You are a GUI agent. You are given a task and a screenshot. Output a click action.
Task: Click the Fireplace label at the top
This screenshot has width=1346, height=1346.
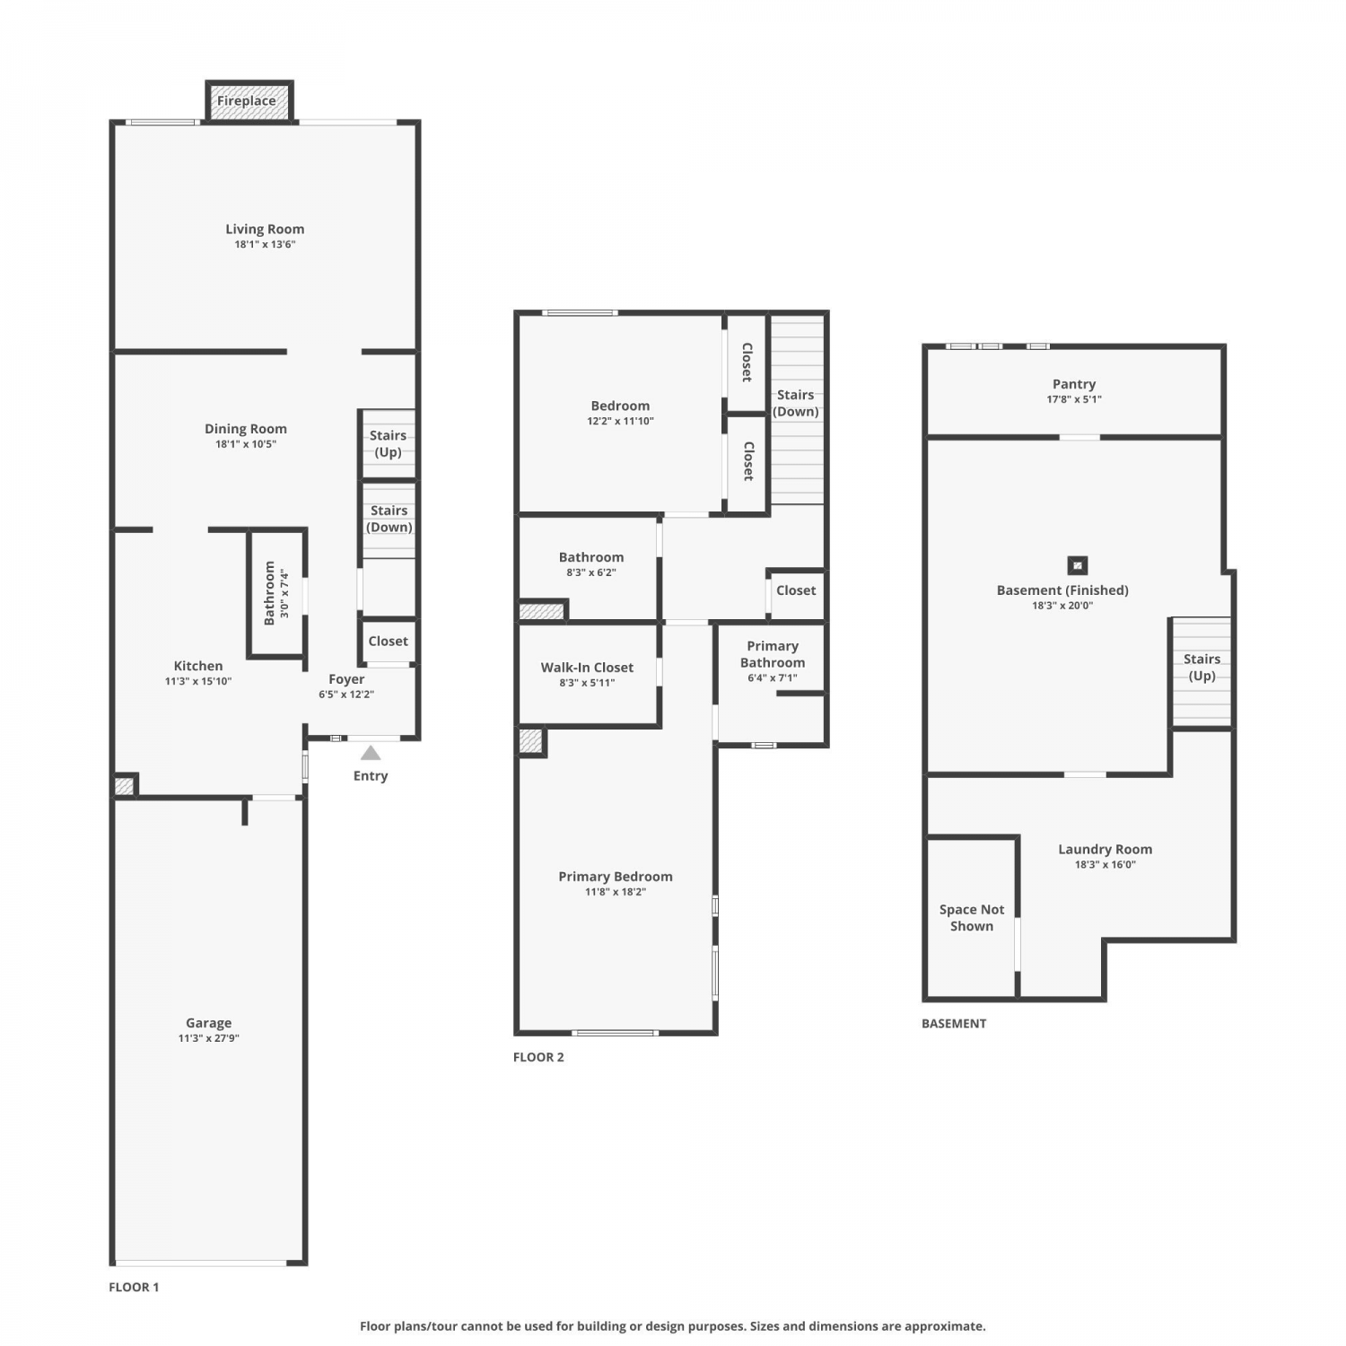[x=247, y=101]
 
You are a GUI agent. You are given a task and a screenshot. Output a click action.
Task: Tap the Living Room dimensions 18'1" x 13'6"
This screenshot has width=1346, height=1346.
[x=265, y=244]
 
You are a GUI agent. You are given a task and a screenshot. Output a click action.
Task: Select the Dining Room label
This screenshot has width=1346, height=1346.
[x=246, y=429]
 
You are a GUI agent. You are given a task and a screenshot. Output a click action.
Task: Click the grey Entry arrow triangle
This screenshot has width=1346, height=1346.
[x=371, y=753]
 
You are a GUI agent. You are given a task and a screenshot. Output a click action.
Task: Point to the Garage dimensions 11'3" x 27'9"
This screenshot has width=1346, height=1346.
[x=209, y=1038]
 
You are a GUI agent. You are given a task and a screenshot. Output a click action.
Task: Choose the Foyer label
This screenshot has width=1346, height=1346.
[x=346, y=679]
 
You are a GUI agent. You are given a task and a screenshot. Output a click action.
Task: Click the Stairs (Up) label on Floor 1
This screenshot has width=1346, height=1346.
[x=389, y=443]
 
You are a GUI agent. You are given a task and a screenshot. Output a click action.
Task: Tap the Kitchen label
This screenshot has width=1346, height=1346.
[x=198, y=666]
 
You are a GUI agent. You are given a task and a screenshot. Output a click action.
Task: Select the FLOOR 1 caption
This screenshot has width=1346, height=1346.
[x=134, y=1287]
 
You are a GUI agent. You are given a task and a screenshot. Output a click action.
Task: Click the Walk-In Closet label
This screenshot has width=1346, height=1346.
[x=587, y=668]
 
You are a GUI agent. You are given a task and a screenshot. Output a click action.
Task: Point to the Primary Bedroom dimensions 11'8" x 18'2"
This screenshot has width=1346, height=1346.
[x=616, y=892]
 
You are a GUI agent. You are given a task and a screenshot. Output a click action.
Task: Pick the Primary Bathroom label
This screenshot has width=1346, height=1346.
[x=773, y=654]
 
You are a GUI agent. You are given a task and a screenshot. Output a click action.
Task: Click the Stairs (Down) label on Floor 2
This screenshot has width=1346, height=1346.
[x=796, y=403]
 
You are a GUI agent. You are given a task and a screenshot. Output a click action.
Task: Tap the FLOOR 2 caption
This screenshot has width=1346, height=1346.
[x=538, y=1057]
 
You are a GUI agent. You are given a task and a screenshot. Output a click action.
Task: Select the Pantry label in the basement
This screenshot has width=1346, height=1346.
[x=1074, y=384]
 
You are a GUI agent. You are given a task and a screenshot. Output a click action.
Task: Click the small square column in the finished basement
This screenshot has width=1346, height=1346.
[x=1078, y=565]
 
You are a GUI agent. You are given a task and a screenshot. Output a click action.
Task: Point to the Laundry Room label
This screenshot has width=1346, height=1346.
[x=1106, y=849]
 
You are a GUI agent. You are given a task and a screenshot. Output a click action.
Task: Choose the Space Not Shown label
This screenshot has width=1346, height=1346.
[x=972, y=918]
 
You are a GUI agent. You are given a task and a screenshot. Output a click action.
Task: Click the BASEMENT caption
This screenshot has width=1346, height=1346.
[x=954, y=1023]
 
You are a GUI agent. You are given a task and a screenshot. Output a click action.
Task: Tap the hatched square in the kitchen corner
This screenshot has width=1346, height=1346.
[x=124, y=786]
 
